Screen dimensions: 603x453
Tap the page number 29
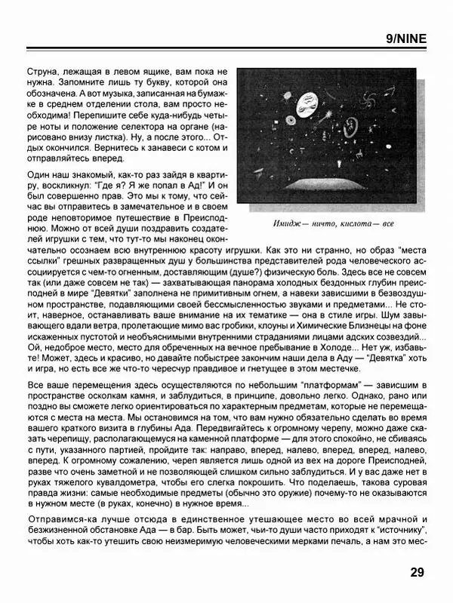pyautogui.click(x=418, y=571)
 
